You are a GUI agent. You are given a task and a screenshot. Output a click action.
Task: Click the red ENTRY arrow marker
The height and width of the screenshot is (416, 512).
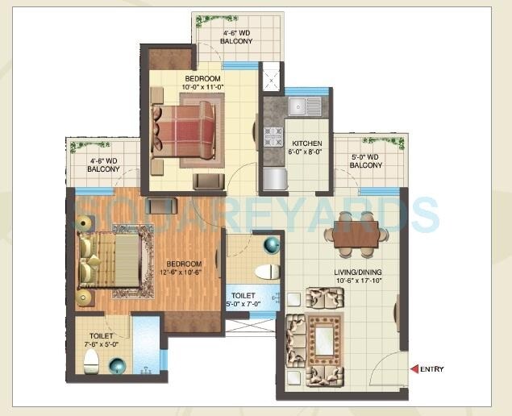coord(414,369)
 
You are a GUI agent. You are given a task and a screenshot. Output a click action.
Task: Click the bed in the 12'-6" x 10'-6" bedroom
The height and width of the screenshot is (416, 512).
coord(113,261)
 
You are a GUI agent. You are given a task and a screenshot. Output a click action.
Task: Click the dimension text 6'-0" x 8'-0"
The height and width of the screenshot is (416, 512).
coord(306,151)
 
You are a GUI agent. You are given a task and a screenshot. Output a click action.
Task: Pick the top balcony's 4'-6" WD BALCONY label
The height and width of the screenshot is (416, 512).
coord(237,37)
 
